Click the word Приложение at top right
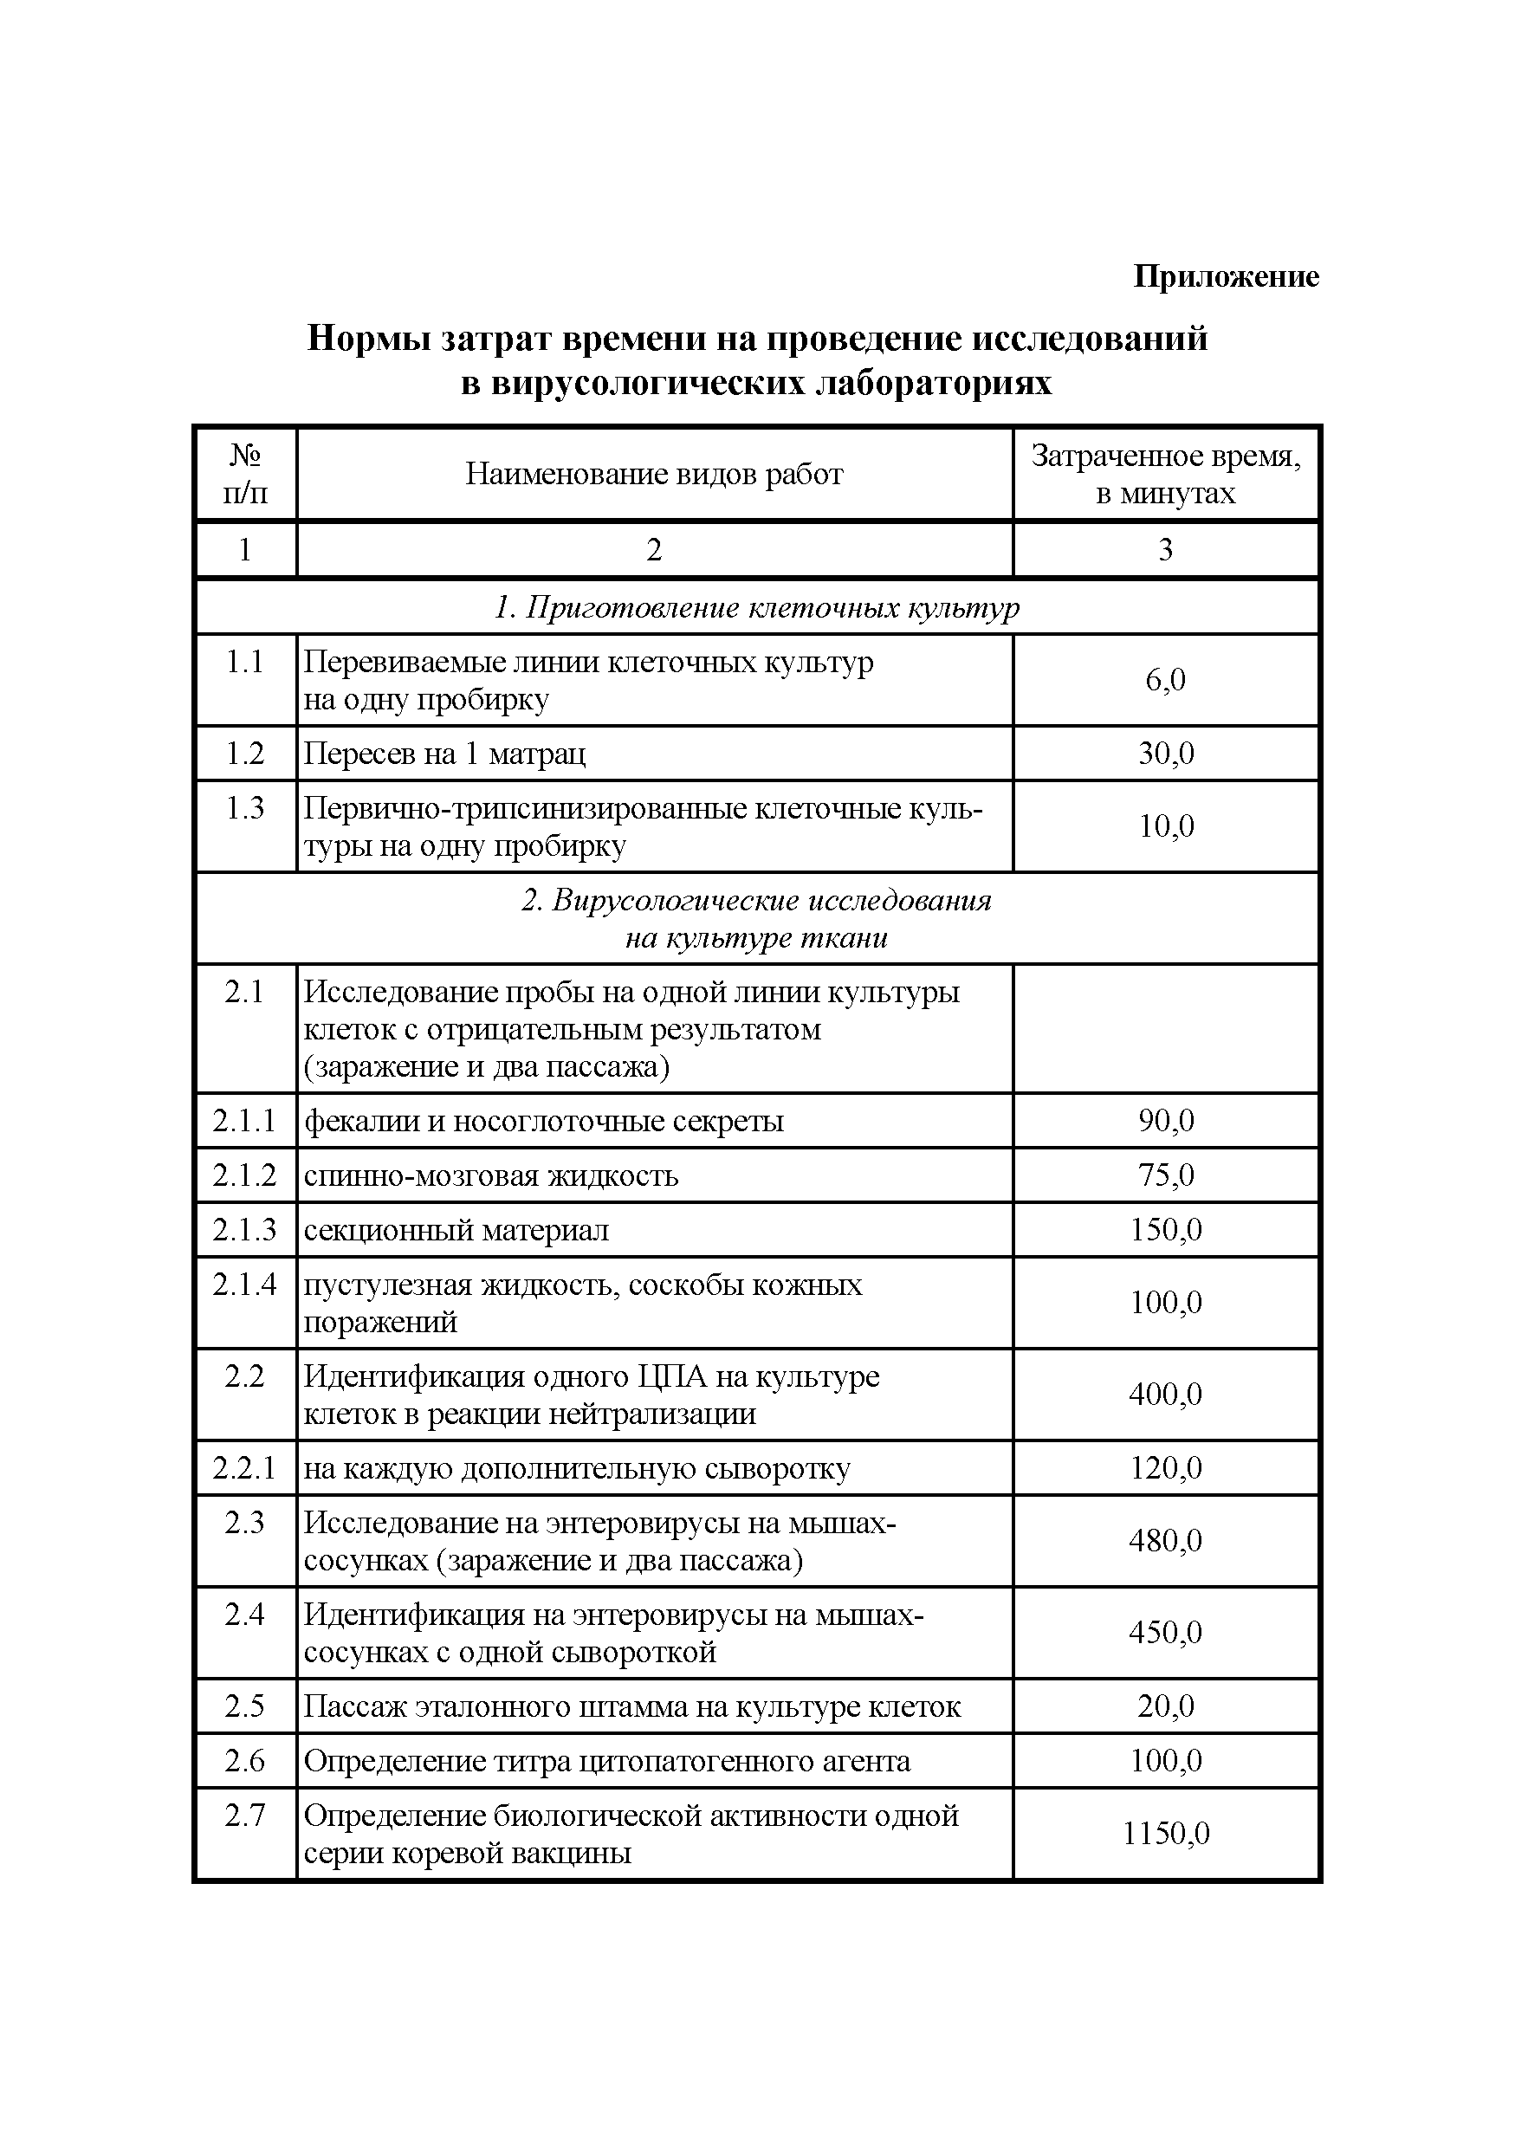[x=1225, y=276]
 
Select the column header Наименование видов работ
[x=654, y=475]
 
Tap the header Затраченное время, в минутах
[x=1165, y=475]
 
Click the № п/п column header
[x=245, y=475]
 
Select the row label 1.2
[x=245, y=754]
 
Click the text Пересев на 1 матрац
[x=445, y=754]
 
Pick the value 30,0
[x=1166, y=754]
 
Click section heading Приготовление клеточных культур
[x=756, y=608]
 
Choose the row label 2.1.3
[x=245, y=1230]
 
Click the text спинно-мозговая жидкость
[x=491, y=1175]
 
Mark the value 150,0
[x=1166, y=1230]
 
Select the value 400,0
[x=1166, y=1395]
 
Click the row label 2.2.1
[x=245, y=1468]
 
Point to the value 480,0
[x=1166, y=1541]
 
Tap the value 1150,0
[x=1166, y=1834]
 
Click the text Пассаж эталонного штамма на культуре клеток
[x=632, y=1707]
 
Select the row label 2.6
[x=245, y=1762]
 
